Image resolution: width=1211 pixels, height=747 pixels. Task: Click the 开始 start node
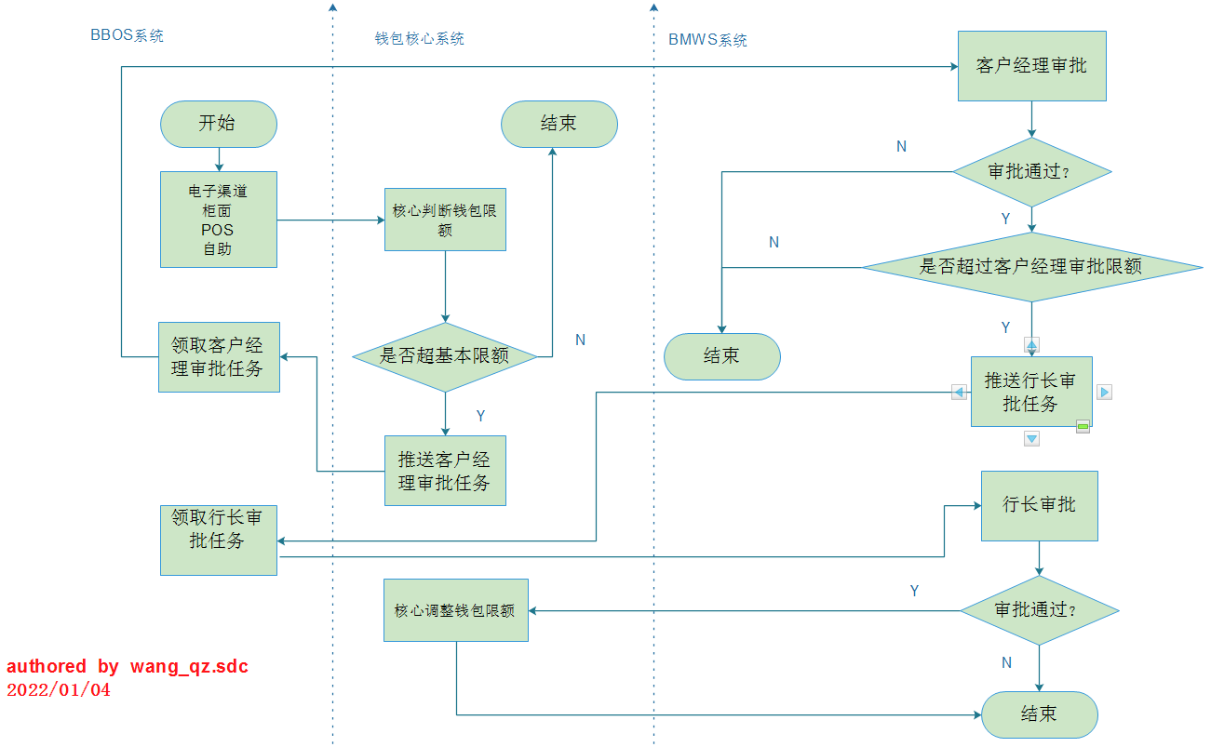tap(218, 124)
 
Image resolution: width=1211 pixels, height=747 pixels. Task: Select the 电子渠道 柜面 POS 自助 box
tap(218, 220)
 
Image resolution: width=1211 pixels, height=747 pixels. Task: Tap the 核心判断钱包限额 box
tap(445, 220)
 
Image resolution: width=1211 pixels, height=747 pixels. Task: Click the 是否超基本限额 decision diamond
tap(445, 356)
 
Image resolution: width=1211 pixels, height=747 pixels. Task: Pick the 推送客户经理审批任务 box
tap(445, 471)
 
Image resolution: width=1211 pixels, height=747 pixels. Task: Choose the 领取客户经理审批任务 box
tap(219, 356)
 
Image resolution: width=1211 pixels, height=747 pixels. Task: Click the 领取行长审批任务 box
tap(218, 540)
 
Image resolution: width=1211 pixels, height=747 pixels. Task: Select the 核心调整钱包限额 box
tap(455, 610)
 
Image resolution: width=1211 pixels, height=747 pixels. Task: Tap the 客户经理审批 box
tap(1031, 66)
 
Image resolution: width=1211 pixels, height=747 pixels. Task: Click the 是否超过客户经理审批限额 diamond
tap(1031, 267)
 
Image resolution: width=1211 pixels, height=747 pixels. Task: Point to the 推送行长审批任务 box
tap(1030, 392)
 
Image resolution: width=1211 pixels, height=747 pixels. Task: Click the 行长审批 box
tap(1039, 505)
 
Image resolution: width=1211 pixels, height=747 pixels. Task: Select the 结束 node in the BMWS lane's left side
tap(721, 356)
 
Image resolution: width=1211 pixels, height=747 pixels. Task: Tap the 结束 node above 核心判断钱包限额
tap(558, 124)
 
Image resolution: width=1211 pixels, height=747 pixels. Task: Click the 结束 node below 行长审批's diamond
tap(1039, 714)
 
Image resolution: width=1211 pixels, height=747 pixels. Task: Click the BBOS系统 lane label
tap(127, 36)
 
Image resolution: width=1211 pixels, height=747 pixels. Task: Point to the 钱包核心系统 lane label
tap(419, 39)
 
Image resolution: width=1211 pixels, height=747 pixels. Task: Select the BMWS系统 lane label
tap(707, 40)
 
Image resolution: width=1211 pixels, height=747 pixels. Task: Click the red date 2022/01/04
tap(58, 690)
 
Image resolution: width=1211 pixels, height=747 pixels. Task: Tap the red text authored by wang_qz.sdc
tap(128, 666)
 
